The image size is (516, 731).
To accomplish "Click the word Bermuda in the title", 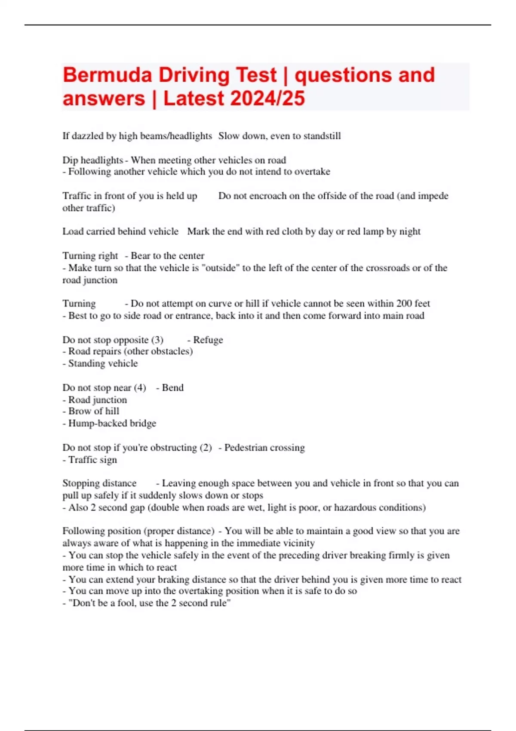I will (107, 75).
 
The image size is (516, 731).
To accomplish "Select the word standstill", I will (322, 136).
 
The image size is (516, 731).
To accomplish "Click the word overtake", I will (312, 172).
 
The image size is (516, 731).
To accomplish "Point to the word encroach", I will (268, 196).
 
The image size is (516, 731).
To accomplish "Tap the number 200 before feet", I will (404, 304).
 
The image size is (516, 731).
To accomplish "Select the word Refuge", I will (208, 340).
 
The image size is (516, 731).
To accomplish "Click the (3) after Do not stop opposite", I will (157, 340).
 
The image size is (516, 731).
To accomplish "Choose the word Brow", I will (79, 411).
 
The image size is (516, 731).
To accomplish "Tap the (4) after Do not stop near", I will (140, 388).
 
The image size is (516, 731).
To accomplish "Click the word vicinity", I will (298, 543).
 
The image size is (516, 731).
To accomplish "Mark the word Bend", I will (173, 388).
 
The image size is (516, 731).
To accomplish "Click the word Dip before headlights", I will (70, 160).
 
